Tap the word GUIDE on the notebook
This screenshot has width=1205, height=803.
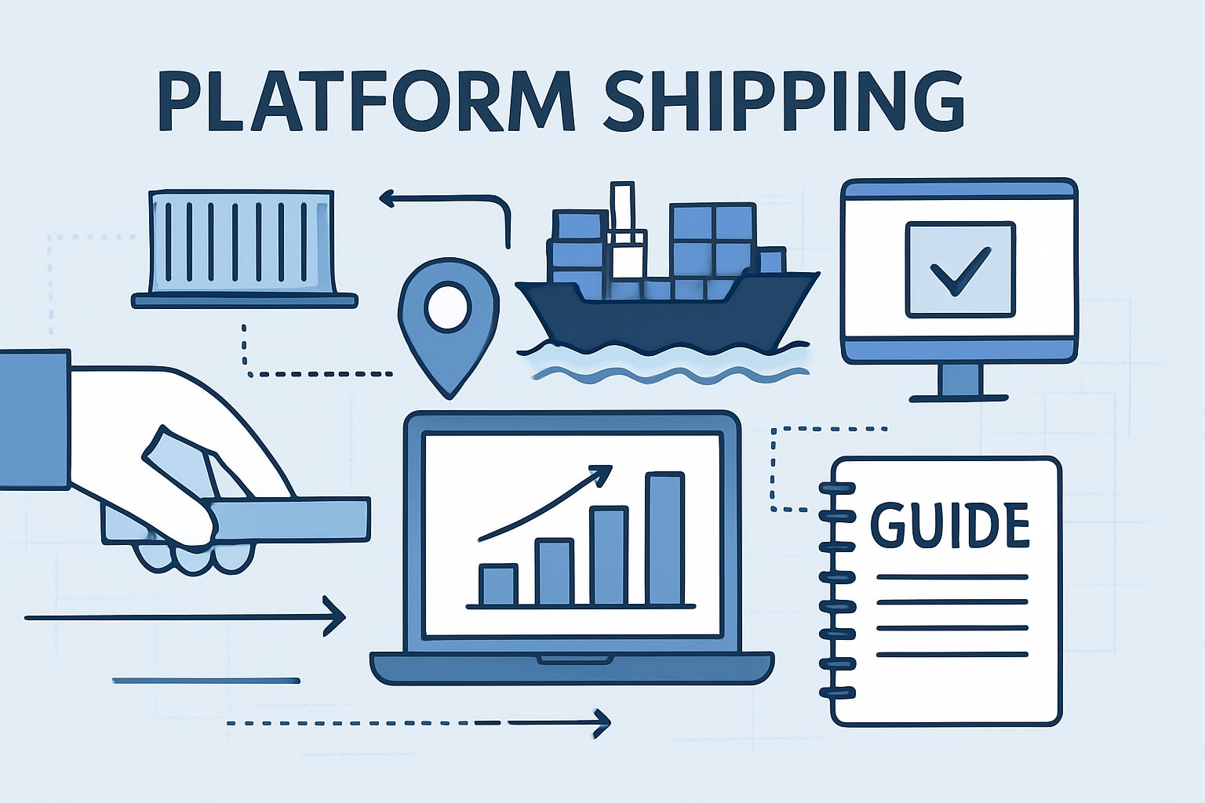[x=950, y=525]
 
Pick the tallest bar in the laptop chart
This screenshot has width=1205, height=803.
[x=664, y=539]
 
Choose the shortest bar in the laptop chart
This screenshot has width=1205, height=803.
[x=498, y=585]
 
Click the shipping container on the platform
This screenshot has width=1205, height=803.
[x=243, y=239]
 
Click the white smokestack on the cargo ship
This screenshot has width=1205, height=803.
[x=622, y=208]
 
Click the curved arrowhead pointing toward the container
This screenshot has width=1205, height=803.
[x=387, y=199]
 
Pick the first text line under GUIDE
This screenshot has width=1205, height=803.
[x=952, y=577]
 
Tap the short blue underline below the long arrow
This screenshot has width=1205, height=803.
[x=206, y=681]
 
